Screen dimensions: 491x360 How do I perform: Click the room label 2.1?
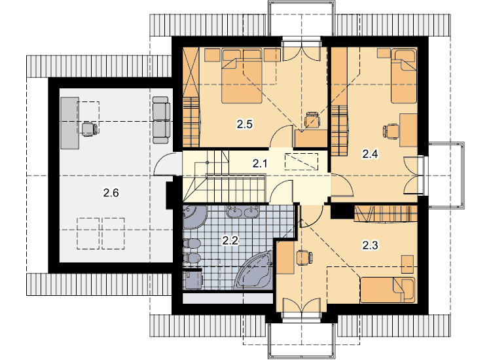pos(260,163)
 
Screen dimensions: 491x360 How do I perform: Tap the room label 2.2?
pos(230,240)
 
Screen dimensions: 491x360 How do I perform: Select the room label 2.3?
pos(370,245)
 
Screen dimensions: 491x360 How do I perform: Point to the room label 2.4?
pos(370,154)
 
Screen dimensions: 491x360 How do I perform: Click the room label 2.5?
pos(245,124)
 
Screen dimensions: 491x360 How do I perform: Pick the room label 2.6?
pos(111,192)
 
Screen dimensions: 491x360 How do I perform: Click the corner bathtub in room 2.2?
pos(254,269)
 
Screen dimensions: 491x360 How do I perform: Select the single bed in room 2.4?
pos(404,76)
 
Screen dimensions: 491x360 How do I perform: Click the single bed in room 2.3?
pos(388,290)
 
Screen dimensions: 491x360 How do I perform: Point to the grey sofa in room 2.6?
pos(161,120)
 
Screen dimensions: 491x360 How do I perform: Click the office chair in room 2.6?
pos(90,130)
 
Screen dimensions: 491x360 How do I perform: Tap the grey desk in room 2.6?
pos(69,122)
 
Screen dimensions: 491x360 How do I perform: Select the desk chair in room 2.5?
pos(312,120)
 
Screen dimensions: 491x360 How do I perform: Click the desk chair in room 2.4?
pos(391,130)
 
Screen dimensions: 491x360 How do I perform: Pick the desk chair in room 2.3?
pos(304,258)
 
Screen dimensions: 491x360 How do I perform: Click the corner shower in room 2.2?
pos(195,217)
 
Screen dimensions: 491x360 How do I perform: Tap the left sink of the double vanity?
pos(234,212)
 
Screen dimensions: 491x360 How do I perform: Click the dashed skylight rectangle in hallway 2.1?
pos(301,162)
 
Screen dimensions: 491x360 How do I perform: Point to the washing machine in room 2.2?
pos(194,279)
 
